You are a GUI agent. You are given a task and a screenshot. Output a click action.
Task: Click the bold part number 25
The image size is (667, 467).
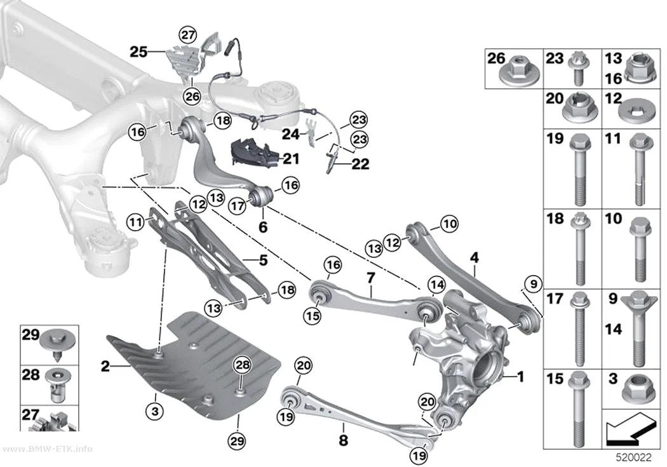click(138, 52)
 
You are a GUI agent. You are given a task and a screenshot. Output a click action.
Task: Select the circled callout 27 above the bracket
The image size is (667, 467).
click(187, 34)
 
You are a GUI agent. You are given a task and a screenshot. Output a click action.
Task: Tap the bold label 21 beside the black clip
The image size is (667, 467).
click(292, 159)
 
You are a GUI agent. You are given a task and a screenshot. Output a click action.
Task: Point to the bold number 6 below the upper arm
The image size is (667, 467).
click(264, 227)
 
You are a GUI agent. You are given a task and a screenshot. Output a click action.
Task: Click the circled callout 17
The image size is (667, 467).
click(238, 206)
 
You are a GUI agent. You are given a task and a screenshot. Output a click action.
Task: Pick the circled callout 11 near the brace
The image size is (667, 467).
click(136, 222)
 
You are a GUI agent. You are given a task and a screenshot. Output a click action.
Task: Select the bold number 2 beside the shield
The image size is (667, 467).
click(105, 366)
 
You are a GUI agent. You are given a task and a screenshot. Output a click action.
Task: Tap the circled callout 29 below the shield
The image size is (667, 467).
click(238, 440)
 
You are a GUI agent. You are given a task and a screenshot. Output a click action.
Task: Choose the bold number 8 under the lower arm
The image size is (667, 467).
click(343, 440)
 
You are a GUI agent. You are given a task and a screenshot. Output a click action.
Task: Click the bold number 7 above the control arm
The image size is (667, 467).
click(371, 278)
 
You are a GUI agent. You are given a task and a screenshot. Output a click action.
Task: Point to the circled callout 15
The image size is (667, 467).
click(313, 316)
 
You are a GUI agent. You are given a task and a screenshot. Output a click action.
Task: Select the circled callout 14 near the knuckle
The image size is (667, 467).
click(436, 285)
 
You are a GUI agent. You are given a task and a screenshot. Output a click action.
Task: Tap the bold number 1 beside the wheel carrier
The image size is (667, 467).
click(520, 376)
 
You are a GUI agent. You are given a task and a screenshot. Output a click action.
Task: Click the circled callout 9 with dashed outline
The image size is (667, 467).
click(534, 283)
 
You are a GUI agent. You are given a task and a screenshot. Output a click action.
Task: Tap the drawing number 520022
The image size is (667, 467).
click(634, 457)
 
